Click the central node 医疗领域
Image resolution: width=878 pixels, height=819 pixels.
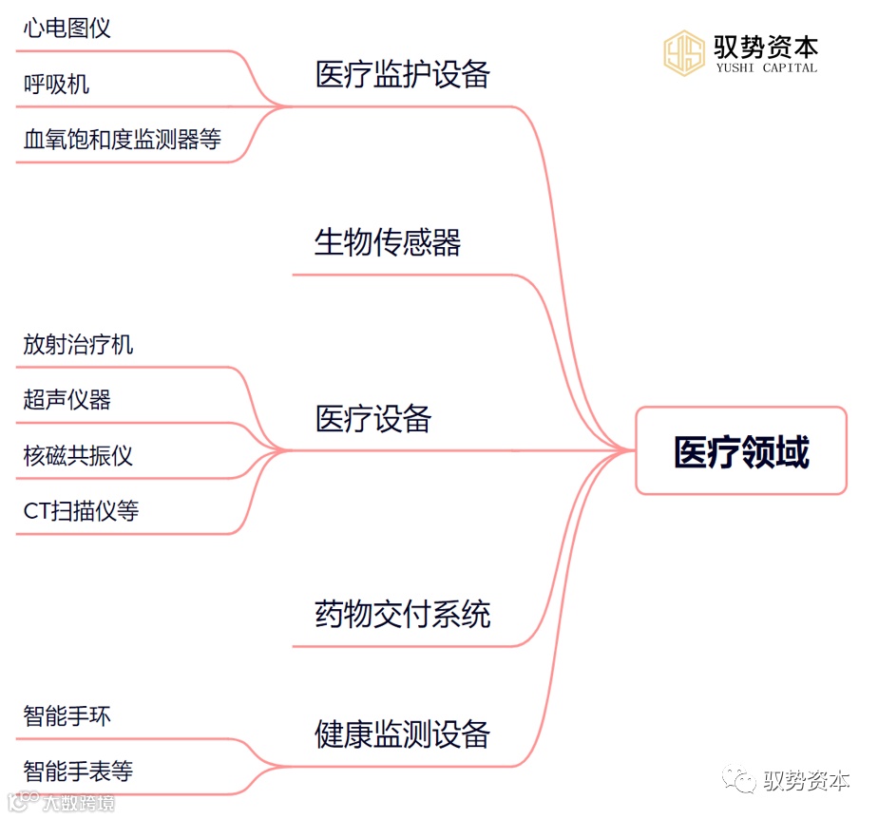tap(741, 452)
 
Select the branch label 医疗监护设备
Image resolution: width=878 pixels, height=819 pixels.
tap(402, 75)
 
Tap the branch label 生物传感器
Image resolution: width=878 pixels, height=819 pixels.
tap(388, 243)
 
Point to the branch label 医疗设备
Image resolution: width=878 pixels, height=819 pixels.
tap(373, 419)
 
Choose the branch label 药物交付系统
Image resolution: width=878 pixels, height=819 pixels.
tap(402, 615)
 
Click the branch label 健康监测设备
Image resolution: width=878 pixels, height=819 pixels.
tap(402, 734)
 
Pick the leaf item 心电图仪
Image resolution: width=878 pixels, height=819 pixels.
tap(67, 28)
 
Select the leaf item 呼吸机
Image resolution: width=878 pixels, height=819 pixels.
tap(56, 84)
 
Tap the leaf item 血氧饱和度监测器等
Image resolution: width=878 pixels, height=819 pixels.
tap(122, 140)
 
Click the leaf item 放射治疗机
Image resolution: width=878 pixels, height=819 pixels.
tap(78, 344)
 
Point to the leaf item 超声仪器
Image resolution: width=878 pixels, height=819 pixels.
tap(67, 400)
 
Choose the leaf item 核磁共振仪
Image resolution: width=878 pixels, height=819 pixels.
tap(78, 456)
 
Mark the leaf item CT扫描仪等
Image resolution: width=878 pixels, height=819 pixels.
tap(81, 511)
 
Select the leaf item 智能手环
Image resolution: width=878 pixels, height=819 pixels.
tap(67, 715)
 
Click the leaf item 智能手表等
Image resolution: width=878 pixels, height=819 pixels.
tap(78, 771)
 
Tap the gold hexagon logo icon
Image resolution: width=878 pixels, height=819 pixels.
tap(684, 53)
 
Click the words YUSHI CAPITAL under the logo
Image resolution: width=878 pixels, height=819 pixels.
tap(766, 68)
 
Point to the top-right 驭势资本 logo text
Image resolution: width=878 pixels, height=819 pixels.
tap(766, 46)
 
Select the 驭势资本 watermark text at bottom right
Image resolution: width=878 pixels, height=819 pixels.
tap(807, 781)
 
